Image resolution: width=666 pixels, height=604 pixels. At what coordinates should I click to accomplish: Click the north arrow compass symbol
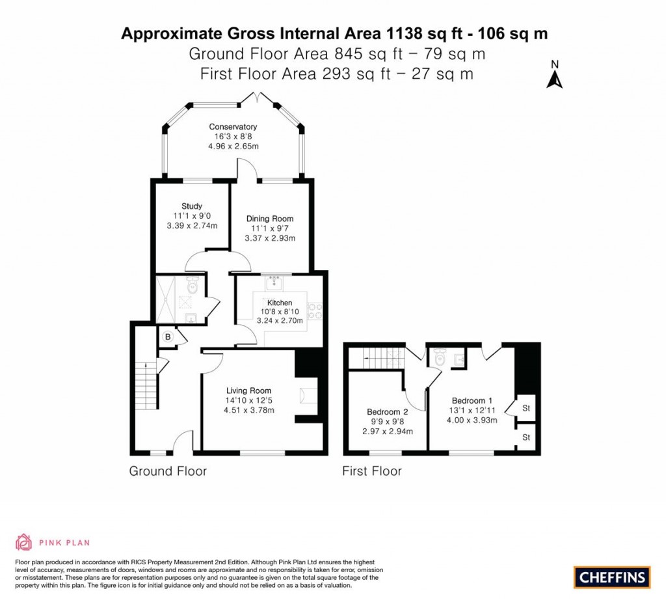click(x=554, y=75)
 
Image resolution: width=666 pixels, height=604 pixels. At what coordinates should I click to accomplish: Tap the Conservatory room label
click(x=233, y=126)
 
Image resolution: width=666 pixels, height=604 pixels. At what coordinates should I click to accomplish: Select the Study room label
click(x=192, y=206)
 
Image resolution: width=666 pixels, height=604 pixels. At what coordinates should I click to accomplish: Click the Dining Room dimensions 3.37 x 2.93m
click(x=270, y=238)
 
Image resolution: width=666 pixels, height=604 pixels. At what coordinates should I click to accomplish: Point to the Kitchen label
click(x=280, y=303)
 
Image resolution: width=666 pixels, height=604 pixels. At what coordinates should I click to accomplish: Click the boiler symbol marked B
click(x=167, y=336)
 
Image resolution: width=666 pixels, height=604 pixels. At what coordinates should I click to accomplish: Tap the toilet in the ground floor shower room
click(x=193, y=286)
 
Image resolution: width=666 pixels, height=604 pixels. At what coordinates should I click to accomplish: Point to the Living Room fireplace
click(x=303, y=395)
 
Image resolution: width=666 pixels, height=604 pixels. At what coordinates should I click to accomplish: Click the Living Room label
click(x=245, y=391)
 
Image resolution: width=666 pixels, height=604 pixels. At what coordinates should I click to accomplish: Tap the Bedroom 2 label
click(x=388, y=412)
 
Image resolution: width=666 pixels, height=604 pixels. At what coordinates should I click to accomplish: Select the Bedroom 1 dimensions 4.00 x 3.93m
click(x=472, y=420)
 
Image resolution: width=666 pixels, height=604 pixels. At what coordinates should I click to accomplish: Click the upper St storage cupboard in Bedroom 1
click(x=526, y=407)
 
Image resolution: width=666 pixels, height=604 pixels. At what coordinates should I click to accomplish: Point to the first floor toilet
click(x=439, y=357)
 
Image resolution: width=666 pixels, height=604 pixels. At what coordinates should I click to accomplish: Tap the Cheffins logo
click(x=612, y=577)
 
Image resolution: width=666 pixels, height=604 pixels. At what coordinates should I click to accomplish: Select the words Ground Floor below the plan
click(x=168, y=471)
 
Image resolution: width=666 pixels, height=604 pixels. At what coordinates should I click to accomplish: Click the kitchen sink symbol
click(x=273, y=281)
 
